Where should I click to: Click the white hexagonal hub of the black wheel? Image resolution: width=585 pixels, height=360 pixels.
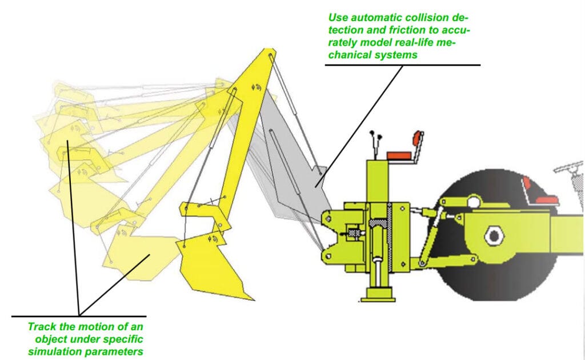pos(492,234)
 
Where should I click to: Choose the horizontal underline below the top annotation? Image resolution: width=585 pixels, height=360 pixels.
pos(402,65)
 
